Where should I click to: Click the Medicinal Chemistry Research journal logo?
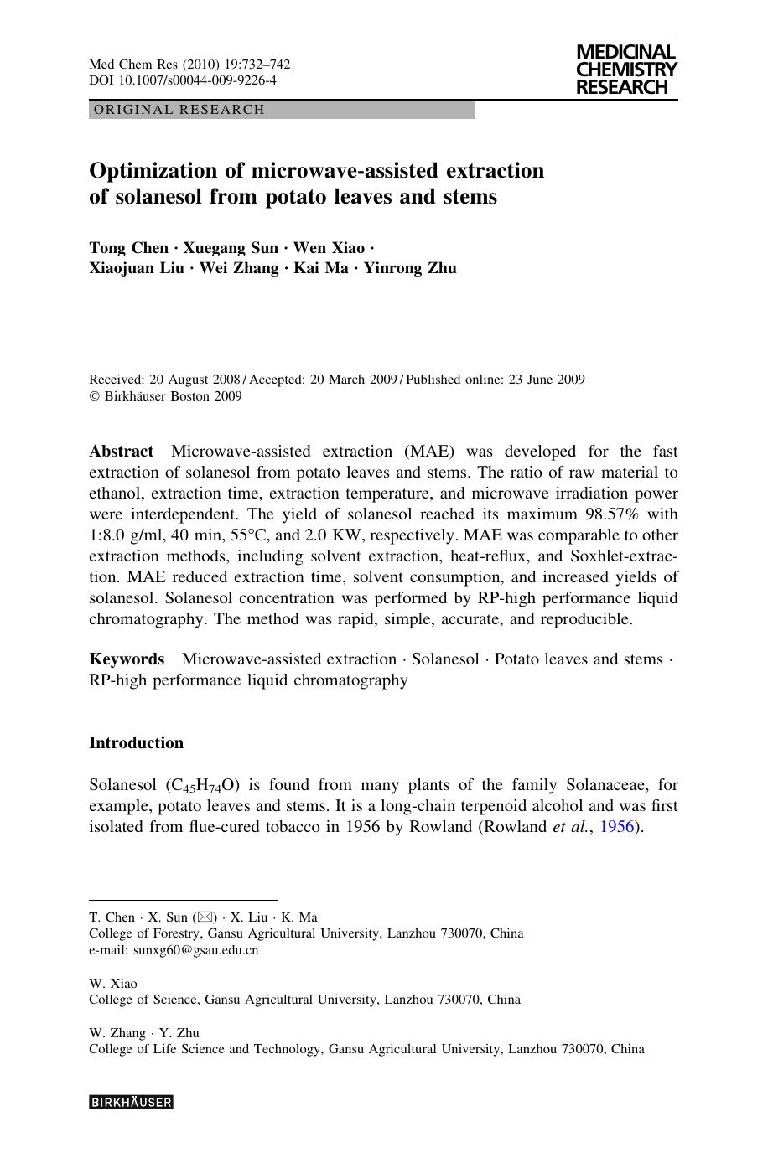pyautogui.click(x=626, y=70)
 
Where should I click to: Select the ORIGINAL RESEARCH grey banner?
pyautogui.click(x=282, y=110)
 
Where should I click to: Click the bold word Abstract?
pyautogui.click(x=122, y=452)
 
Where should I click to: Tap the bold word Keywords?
pyautogui.click(x=127, y=659)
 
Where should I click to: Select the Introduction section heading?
pyautogui.click(x=136, y=743)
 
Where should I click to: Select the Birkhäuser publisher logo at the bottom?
pyautogui.click(x=131, y=1103)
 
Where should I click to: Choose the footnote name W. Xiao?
pyautogui.click(x=113, y=983)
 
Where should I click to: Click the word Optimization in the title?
pyautogui.click(x=153, y=171)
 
